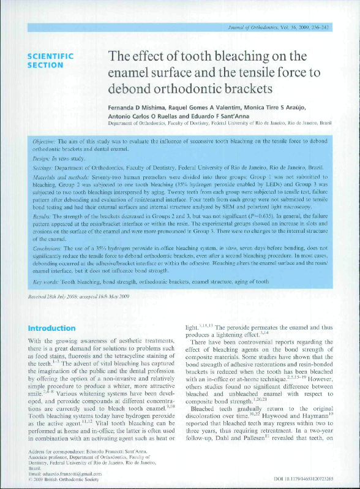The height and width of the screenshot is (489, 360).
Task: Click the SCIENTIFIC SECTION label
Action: pos(50,60)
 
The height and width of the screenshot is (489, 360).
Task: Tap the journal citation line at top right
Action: pos(279,28)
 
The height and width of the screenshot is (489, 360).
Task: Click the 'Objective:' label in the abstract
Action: pos(47,141)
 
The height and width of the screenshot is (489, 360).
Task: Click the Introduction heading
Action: pos(52,328)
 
